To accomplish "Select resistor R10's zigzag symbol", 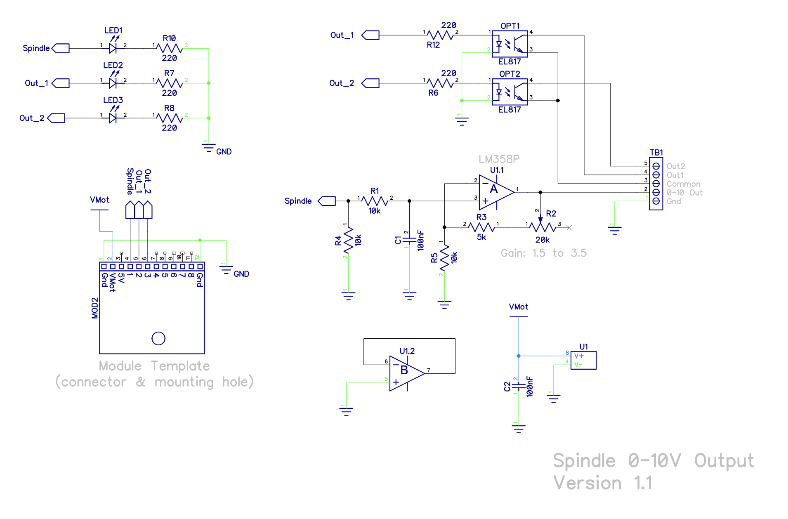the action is tap(170, 48).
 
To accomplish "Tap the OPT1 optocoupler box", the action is tap(510, 44).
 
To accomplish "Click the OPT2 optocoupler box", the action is tap(510, 92).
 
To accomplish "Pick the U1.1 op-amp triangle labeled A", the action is tap(496, 192).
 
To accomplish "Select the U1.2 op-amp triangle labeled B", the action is tap(407, 373).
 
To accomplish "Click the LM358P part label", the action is tap(499, 159).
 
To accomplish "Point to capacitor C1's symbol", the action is tap(409, 240).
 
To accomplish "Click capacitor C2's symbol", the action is tap(519, 386).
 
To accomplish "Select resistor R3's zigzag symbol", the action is tap(481, 227).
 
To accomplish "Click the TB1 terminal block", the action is tap(656, 184).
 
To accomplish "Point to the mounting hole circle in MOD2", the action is tap(158, 338).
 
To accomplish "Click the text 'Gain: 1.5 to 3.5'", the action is tap(543, 253).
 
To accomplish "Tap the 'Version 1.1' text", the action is tap(602, 483).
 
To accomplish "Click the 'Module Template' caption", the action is tap(154, 366).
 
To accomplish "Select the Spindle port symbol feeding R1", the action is tap(327, 201).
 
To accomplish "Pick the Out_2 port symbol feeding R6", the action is tap(370, 83).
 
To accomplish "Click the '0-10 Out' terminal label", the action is tap(684, 193).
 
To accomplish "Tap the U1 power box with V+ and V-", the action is tap(583, 360).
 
